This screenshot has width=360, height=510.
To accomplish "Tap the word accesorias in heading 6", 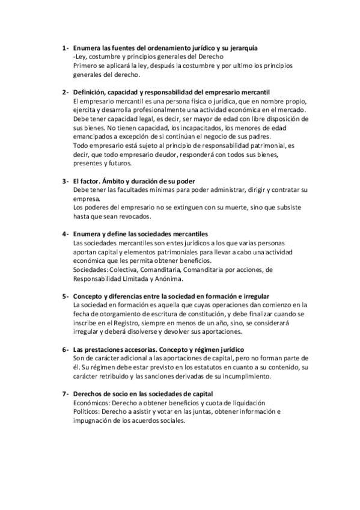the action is [143, 350].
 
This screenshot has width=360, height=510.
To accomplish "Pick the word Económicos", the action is [93, 403].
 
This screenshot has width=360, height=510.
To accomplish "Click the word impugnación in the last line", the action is [94, 421].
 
